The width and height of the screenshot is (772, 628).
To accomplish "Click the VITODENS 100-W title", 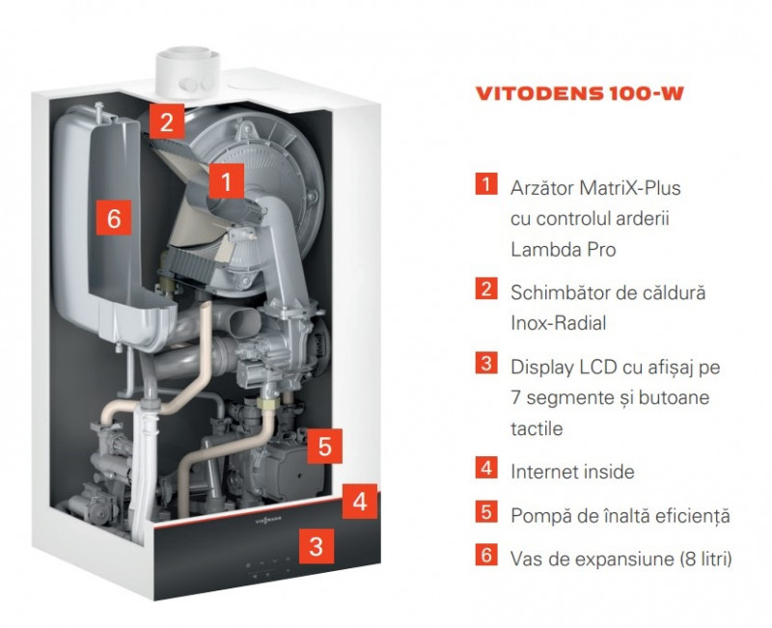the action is click(x=579, y=94).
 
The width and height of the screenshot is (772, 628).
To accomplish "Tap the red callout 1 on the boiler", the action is click(x=227, y=181).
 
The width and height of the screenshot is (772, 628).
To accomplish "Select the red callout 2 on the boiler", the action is click(x=167, y=122).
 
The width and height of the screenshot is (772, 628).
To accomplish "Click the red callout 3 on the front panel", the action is click(x=317, y=546).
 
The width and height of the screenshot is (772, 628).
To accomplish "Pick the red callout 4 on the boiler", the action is click(x=360, y=502).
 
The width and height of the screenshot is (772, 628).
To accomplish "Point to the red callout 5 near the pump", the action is click(x=325, y=447).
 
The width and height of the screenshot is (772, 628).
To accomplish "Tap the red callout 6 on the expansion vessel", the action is click(x=114, y=217).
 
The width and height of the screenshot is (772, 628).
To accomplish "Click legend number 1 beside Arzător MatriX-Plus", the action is click(x=486, y=184).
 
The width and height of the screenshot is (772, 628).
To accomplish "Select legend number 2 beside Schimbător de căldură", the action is click(x=486, y=288).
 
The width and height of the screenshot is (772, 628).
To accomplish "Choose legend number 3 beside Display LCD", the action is click(x=486, y=363).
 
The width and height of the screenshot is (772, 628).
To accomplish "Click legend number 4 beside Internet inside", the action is click(x=486, y=468).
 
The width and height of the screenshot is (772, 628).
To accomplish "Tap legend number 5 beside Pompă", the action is click(x=486, y=512).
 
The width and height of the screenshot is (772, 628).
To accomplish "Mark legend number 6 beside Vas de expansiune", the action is click(x=486, y=555).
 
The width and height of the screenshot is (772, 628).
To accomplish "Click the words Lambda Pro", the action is click(x=564, y=250).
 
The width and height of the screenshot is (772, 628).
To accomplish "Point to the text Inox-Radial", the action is click(x=559, y=323).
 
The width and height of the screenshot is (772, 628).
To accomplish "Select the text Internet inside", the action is click(x=572, y=472).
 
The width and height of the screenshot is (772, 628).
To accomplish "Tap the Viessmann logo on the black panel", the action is click(x=268, y=519).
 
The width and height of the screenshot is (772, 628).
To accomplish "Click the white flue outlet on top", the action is click(x=186, y=73).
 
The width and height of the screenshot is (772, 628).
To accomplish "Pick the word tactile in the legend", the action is click(x=537, y=428).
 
